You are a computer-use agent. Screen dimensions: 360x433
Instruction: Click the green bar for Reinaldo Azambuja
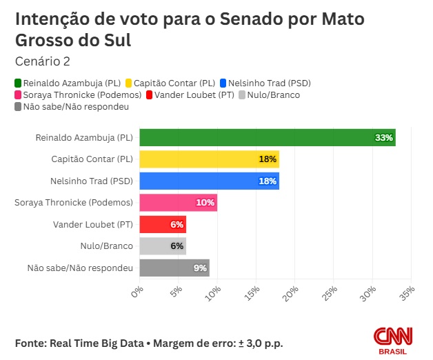pyautogui.click(x=268, y=138)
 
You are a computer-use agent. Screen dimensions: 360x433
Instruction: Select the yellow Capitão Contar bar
pyautogui.click(x=210, y=159)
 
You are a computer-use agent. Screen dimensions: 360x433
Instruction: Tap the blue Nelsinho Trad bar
pyautogui.click(x=210, y=181)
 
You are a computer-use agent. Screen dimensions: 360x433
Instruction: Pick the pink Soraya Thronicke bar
pyautogui.click(x=179, y=203)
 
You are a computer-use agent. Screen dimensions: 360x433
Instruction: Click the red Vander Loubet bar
pyautogui.click(x=163, y=225)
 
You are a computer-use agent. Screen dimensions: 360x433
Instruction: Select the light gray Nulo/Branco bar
pyautogui.click(x=163, y=246)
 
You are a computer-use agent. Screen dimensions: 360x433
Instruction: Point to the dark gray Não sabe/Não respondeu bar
pyautogui.click(x=174, y=268)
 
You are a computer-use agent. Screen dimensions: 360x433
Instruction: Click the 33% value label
pyautogui.click(x=384, y=138)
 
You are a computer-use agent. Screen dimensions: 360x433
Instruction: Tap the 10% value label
pyautogui.click(x=205, y=203)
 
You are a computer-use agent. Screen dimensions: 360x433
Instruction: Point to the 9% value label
pyautogui.click(x=201, y=268)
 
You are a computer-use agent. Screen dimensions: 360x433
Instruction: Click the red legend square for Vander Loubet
pyautogui.click(x=149, y=95)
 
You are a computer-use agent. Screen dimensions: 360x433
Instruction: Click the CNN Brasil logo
pyautogui.click(x=394, y=340)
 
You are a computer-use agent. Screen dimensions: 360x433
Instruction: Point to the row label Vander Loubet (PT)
pyautogui.click(x=92, y=225)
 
